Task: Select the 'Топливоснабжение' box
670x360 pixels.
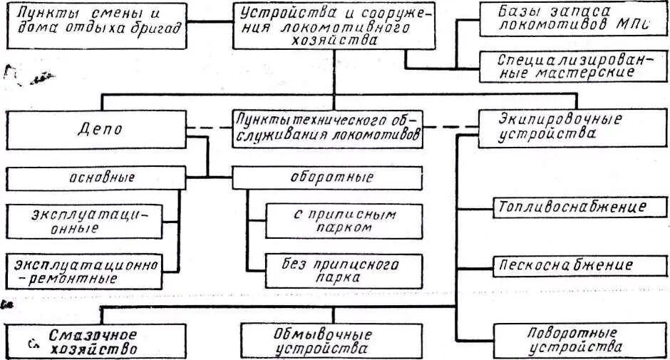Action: (570, 207)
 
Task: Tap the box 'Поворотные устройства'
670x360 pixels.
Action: (574, 340)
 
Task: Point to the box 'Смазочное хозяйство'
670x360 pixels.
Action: (93, 343)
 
